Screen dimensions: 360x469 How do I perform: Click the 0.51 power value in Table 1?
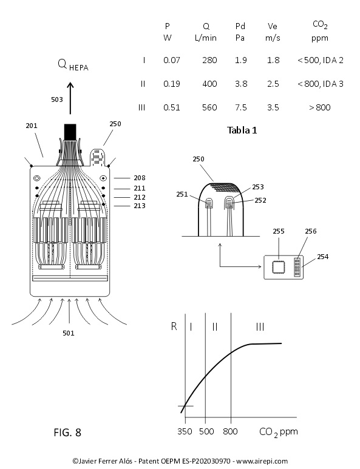(x=171, y=107)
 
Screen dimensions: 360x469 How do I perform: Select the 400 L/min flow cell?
(x=209, y=84)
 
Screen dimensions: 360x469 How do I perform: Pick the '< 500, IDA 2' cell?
(x=320, y=61)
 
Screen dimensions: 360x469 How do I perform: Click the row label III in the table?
(x=142, y=107)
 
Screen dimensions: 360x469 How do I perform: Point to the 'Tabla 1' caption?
(x=242, y=130)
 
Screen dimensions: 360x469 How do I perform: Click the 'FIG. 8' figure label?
(x=67, y=432)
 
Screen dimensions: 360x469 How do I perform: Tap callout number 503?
(x=57, y=100)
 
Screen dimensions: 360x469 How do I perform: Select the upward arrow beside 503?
(x=70, y=98)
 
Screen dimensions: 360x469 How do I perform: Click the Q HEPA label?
(x=73, y=64)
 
